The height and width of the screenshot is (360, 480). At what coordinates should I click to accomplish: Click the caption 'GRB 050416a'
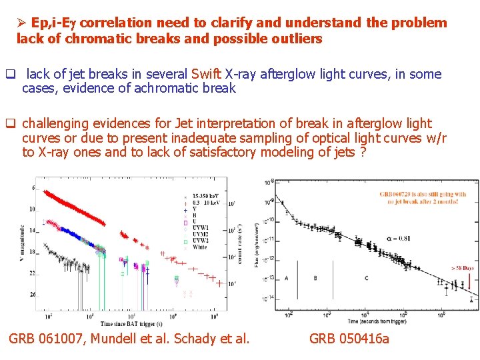(x=349, y=339)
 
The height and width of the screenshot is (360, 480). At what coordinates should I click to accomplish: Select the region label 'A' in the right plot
(x=286, y=278)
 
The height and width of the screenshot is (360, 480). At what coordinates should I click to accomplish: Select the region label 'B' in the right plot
(x=315, y=278)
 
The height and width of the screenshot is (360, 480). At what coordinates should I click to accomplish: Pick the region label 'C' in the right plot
(x=366, y=278)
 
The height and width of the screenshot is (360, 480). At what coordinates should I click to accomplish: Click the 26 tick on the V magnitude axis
(x=31, y=294)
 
